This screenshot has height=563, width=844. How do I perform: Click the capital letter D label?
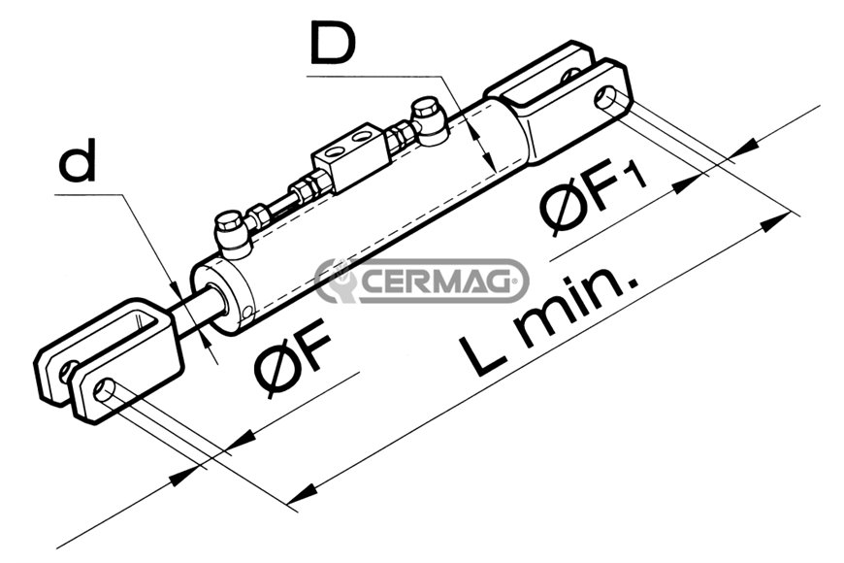coord(333,42)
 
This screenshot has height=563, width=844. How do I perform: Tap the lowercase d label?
coord(77,159)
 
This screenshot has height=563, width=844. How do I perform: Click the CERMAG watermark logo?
coord(421,281)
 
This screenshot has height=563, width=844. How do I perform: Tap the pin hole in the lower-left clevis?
coord(104,389)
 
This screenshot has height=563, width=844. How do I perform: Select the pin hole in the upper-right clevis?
coord(605,99)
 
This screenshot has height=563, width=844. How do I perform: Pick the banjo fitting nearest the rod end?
coord(232,234)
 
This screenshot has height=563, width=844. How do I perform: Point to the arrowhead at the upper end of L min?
coord(775,222)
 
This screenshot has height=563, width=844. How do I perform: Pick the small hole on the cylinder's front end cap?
coord(246,313)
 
